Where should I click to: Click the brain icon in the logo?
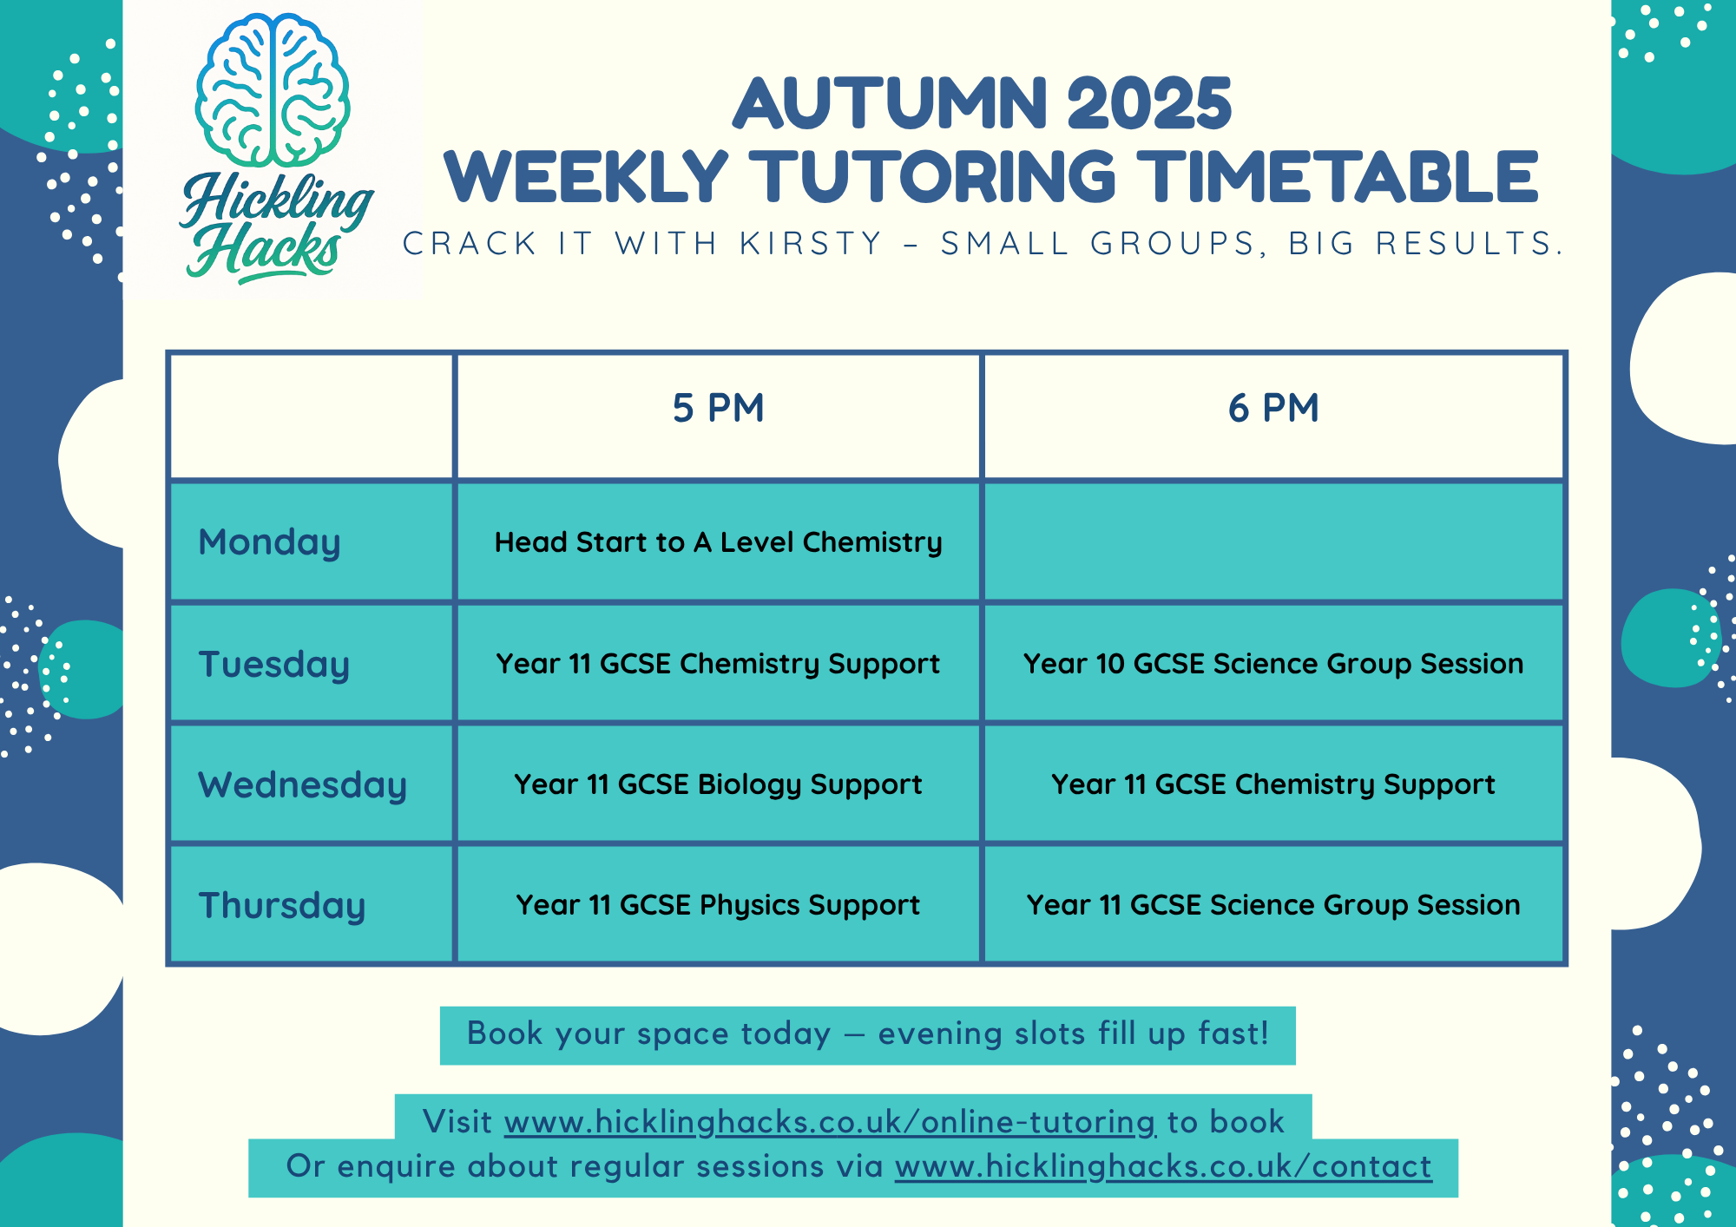coord(273,90)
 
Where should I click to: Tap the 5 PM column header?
coord(718,408)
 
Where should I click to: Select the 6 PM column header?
coord(1273,408)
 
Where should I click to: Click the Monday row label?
coord(269,542)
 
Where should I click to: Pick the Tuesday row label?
coord(273,665)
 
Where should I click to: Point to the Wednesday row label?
coord(302,785)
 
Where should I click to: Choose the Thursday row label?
coord(282,906)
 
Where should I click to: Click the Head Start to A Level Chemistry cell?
coord(718,542)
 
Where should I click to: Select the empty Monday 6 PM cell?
coord(1273,542)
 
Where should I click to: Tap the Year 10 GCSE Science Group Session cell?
coord(1273,664)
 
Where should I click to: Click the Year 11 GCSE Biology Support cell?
coord(718,784)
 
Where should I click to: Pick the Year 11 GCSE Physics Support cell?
coord(718,905)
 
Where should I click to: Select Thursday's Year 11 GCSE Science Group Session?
coord(1273,905)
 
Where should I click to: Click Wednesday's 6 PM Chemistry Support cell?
coord(1273,784)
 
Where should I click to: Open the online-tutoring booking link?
coord(830,1122)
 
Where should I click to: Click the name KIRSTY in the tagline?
coord(811,244)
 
